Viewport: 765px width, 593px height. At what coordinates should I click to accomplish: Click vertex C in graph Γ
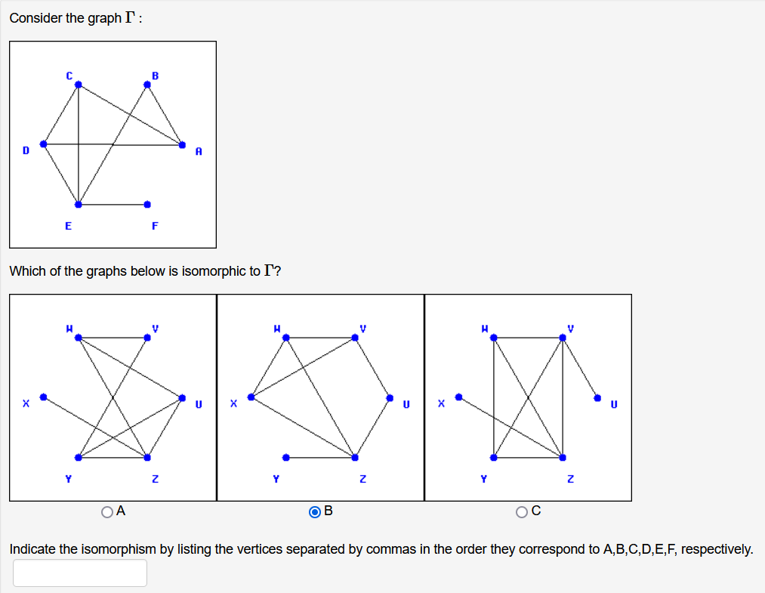click(78, 85)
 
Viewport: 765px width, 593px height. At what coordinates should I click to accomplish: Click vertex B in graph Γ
click(147, 85)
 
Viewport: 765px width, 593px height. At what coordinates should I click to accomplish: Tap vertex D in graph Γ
click(44, 144)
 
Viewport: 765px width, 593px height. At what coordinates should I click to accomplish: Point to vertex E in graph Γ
click(78, 204)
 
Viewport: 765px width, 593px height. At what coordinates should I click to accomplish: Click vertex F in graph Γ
click(147, 204)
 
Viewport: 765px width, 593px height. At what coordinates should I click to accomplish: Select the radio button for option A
click(108, 512)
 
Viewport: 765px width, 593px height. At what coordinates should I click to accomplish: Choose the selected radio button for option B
click(315, 512)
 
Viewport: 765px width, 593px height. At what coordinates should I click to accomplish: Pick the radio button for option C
click(522, 512)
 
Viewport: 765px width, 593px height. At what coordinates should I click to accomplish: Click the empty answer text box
click(80, 573)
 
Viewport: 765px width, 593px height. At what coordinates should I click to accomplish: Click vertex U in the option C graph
click(597, 397)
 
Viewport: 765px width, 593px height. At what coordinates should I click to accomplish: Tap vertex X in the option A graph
click(44, 397)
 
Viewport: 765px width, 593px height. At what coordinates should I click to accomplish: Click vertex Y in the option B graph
click(285, 457)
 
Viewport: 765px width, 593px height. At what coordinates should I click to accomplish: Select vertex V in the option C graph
click(563, 338)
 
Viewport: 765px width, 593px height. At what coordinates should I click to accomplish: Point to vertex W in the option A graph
click(78, 338)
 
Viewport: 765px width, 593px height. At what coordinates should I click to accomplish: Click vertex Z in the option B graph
click(355, 457)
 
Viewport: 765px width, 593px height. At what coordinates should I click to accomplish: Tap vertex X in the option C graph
click(458, 397)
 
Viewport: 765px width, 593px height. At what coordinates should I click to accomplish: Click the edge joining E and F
click(113, 204)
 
